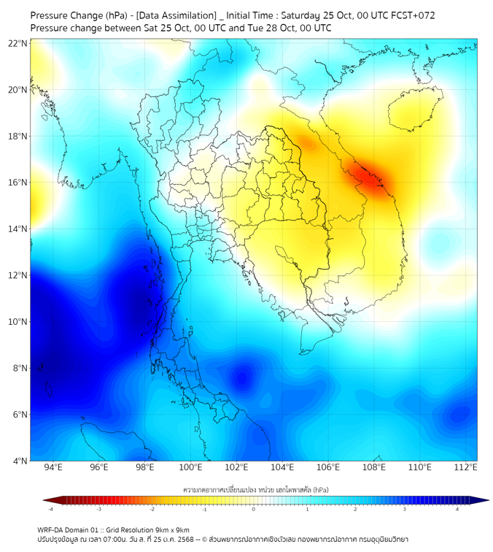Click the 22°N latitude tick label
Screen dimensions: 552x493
pyautogui.click(x=18, y=43)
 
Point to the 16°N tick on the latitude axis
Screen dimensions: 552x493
pyautogui.click(x=18, y=183)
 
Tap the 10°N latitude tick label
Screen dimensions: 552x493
pyautogui.click(x=18, y=322)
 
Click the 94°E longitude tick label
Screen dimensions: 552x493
pyautogui.click(x=53, y=467)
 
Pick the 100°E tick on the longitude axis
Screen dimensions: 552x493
pyautogui.click(x=190, y=467)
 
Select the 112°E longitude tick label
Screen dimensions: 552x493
pyautogui.click(x=466, y=467)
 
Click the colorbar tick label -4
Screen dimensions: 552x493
pyautogui.click(x=50, y=510)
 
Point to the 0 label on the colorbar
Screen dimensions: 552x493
pyautogui.click(x=255, y=510)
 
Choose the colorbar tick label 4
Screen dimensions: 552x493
pyautogui.click(x=457, y=510)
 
